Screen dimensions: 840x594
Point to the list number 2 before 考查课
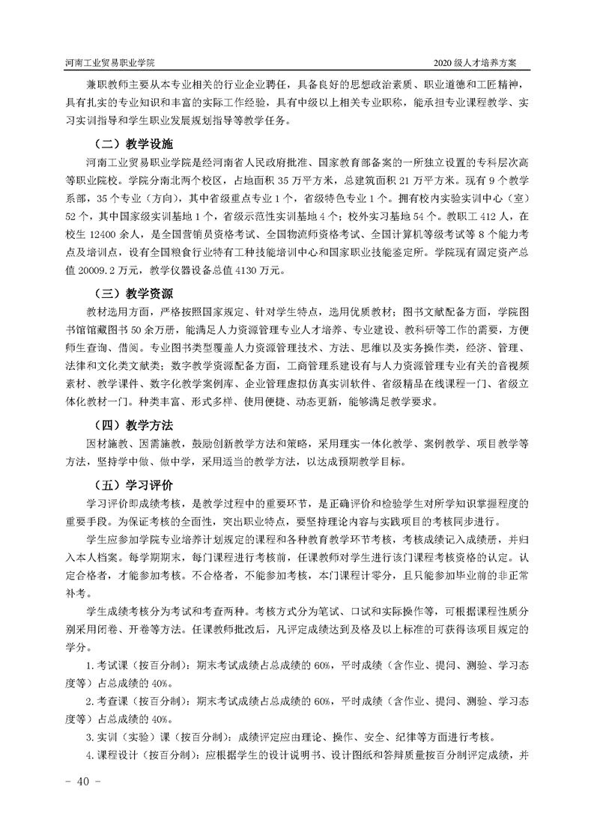coord(90,701)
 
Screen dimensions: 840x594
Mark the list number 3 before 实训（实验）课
coord(90,736)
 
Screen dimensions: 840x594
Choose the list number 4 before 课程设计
coord(90,754)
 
